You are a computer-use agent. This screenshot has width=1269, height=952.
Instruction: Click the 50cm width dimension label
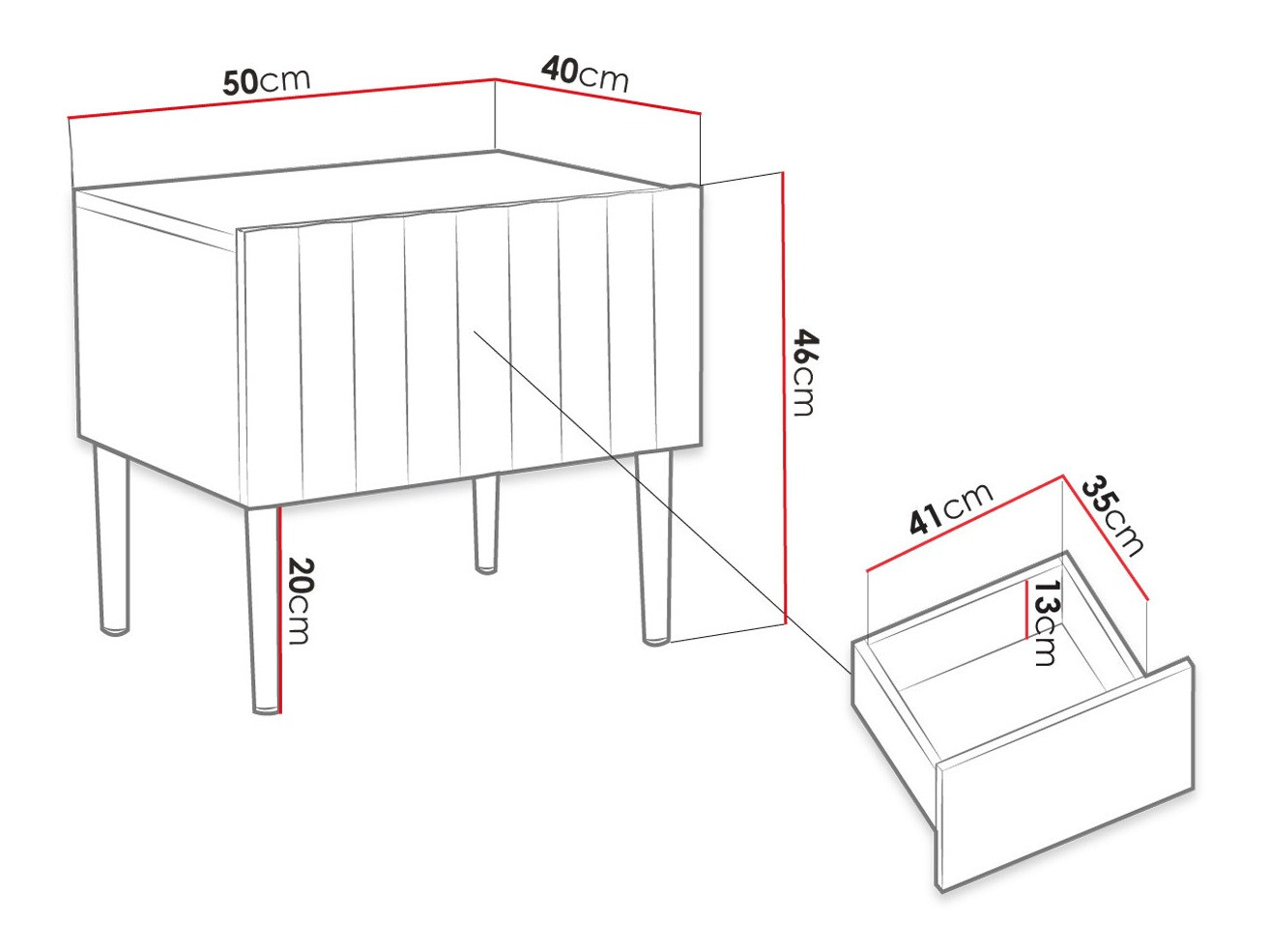coord(267,81)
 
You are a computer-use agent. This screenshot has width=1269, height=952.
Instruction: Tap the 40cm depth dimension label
coord(585,73)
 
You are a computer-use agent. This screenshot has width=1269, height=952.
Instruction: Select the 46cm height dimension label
coord(805,372)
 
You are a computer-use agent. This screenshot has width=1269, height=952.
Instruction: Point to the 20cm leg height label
coord(300,600)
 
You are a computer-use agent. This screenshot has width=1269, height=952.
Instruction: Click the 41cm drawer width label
coord(950,508)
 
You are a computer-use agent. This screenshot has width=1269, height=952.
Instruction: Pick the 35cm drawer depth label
coord(1112,516)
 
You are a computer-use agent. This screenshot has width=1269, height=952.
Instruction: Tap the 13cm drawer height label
coord(1045,623)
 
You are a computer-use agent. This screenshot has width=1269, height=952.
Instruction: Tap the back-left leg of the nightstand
coord(111,541)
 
